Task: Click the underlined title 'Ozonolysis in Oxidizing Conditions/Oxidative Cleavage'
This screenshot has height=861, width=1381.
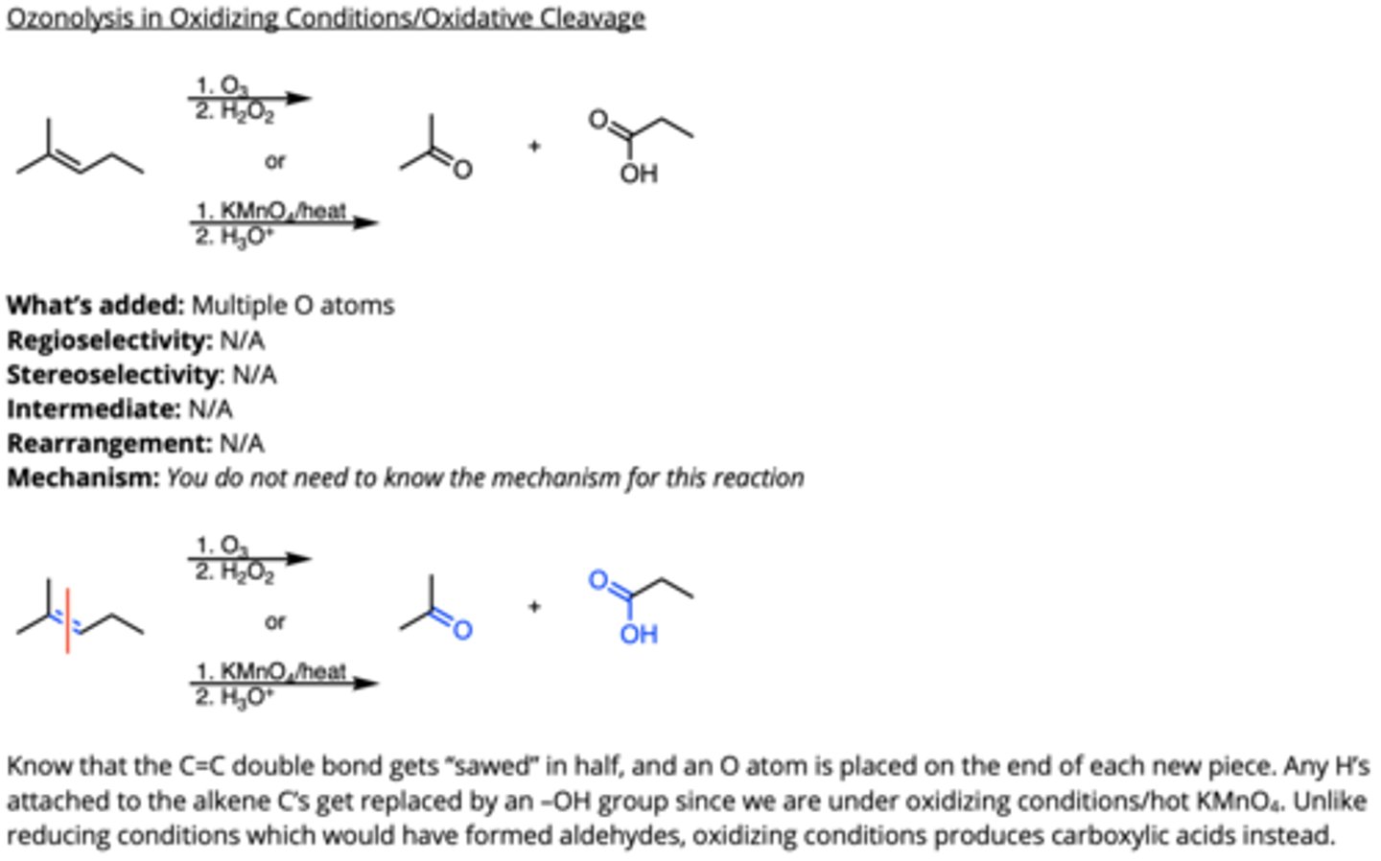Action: point(325,18)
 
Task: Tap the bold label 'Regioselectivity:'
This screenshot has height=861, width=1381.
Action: point(109,340)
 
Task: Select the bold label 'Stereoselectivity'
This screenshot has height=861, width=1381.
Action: point(114,375)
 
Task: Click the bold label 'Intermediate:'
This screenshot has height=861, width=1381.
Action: point(93,409)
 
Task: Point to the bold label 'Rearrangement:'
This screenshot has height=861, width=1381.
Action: point(109,444)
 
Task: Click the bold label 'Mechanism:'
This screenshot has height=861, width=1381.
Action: point(83,477)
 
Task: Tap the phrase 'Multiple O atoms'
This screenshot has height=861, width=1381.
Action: point(293,306)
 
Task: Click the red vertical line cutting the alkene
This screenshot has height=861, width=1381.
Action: point(67,619)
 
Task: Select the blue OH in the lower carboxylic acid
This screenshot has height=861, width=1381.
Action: point(639,634)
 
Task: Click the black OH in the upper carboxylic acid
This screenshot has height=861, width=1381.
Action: point(639,174)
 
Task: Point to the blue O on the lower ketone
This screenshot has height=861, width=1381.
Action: point(462,630)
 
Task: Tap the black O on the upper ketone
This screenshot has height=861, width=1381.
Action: point(462,171)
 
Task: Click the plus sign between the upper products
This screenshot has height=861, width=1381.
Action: point(534,146)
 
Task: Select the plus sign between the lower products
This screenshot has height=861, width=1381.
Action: point(534,606)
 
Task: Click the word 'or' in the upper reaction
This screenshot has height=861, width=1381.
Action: point(275,161)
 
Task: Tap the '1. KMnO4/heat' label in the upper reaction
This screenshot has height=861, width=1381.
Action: point(270,210)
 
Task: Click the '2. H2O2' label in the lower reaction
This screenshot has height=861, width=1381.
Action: point(234,572)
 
